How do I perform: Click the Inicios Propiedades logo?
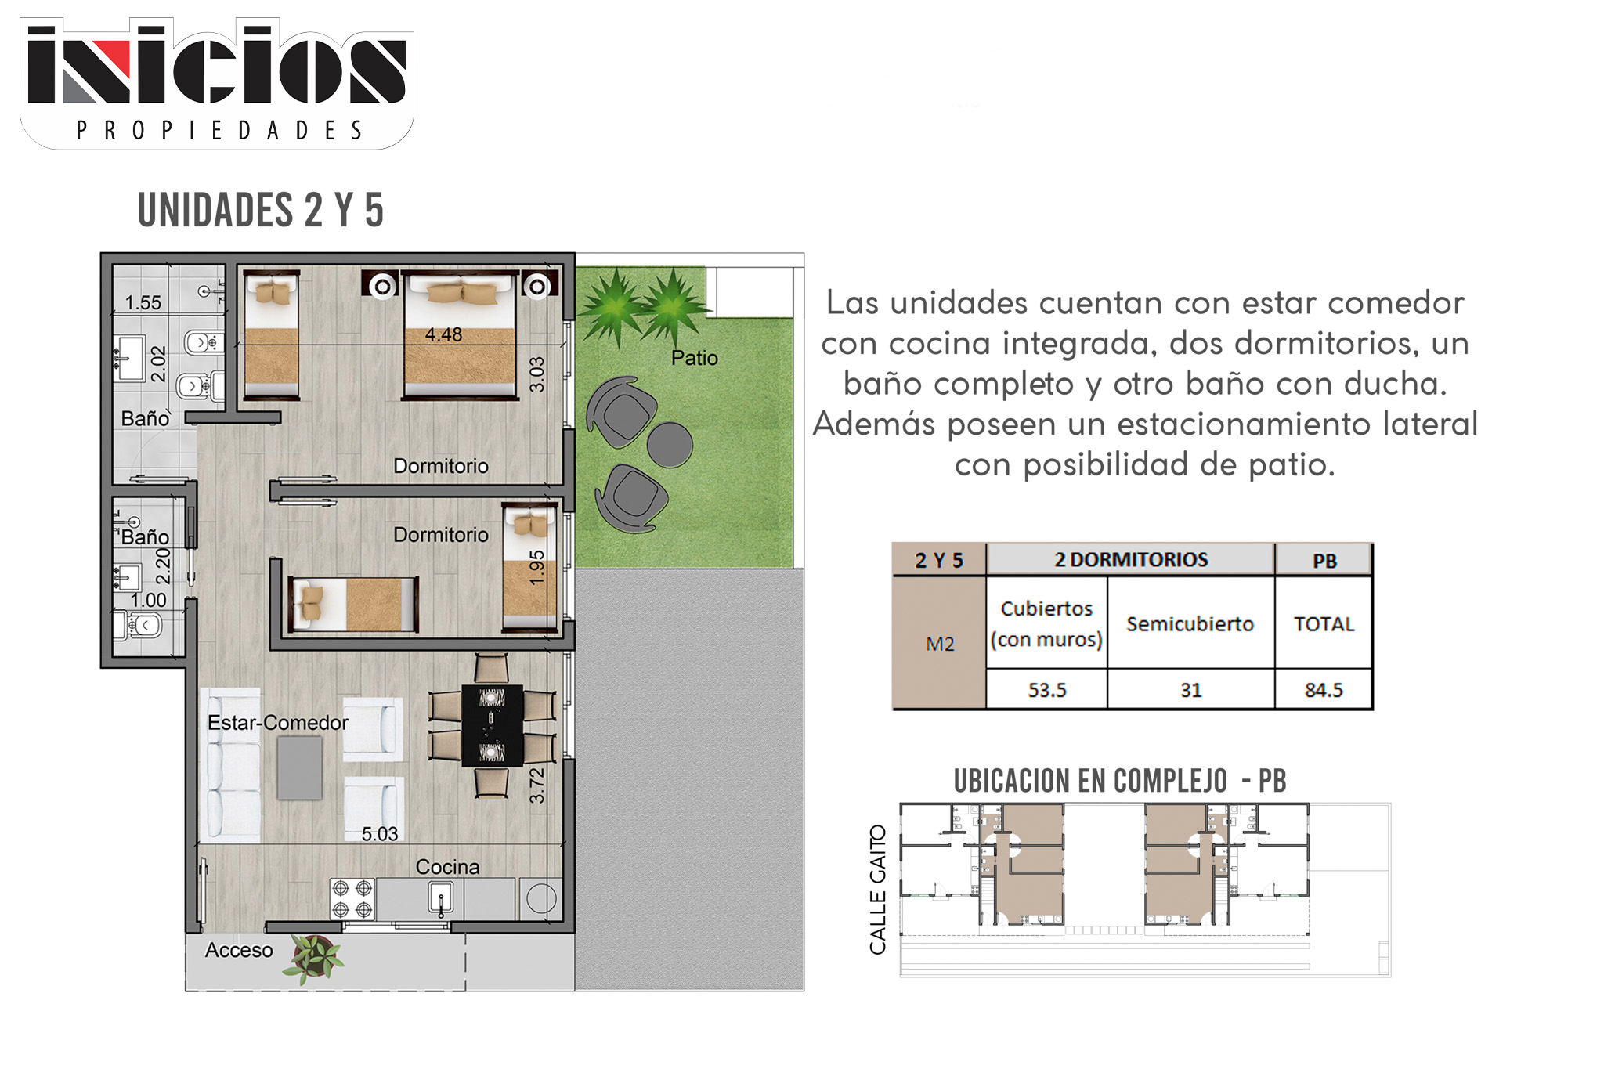(x=217, y=83)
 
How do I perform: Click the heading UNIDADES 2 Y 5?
(x=261, y=210)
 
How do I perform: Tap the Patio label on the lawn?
(x=694, y=358)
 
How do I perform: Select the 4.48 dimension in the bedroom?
(x=443, y=334)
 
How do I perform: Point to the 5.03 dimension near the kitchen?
(x=380, y=834)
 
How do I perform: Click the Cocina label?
(x=447, y=867)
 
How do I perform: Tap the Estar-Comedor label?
(x=277, y=722)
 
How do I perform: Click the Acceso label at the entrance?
(x=239, y=950)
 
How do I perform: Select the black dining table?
(x=492, y=725)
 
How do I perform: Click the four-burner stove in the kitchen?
(x=352, y=899)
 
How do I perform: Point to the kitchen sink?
(x=441, y=897)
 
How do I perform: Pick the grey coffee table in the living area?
(x=300, y=767)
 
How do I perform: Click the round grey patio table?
(x=670, y=445)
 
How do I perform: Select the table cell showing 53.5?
(x=1047, y=690)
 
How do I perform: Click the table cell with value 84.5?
(x=1324, y=690)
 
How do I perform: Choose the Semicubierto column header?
(x=1190, y=623)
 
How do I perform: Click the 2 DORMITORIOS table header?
(x=1131, y=559)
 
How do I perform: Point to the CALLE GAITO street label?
(x=878, y=890)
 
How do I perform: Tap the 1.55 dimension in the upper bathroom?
(x=143, y=302)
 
